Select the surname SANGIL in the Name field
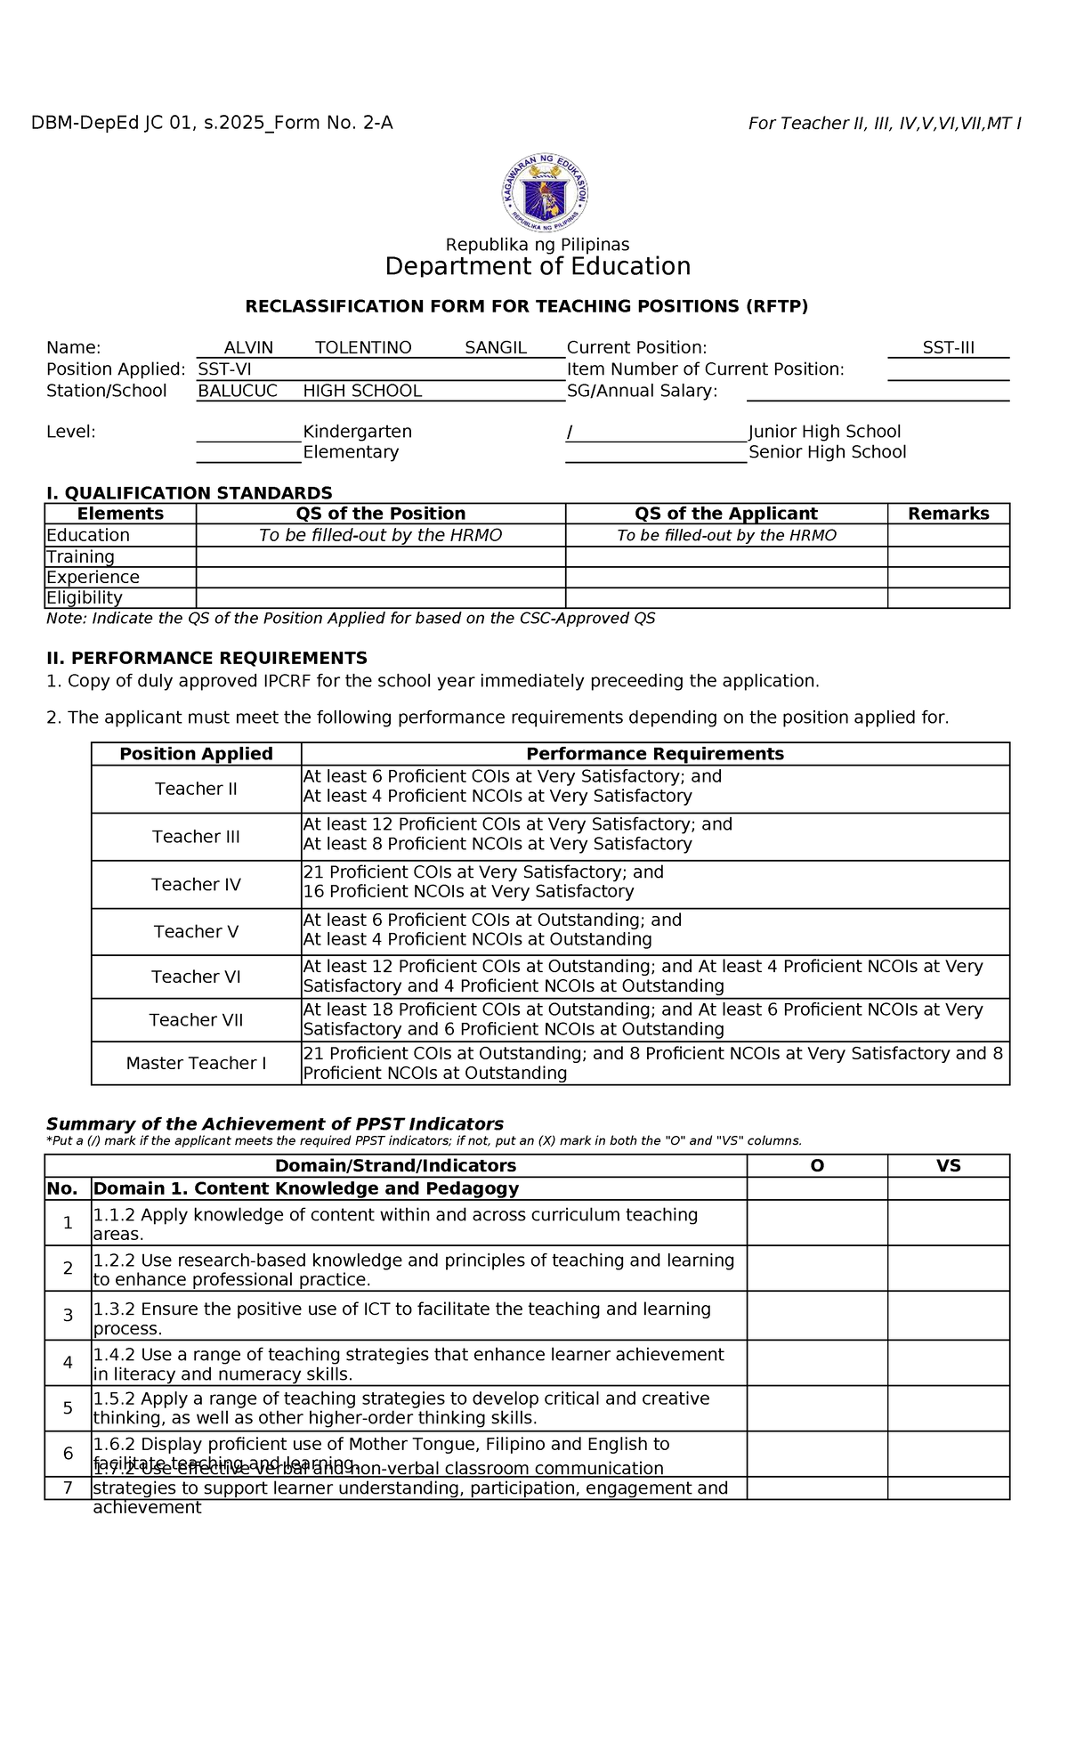pyautogui.click(x=496, y=348)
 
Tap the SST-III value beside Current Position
pyautogui.click(x=948, y=348)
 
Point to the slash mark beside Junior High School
pyautogui.click(x=570, y=433)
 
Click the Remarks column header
pyautogui.click(x=948, y=514)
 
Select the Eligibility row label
pyautogui.click(x=85, y=598)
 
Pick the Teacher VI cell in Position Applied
pyautogui.click(x=196, y=977)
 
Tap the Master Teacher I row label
pyautogui.click(x=196, y=1064)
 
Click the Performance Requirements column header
pyautogui.click(x=655, y=754)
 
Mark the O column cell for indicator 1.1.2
pyautogui.click(x=816, y=1223)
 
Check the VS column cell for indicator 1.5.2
pyautogui.click(x=948, y=1408)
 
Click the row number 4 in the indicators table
pyautogui.click(x=68, y=1363)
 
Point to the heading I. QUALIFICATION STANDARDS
pyautogui.click(x=189, y=493)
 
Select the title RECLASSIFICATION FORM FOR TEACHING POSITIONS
pyautogui.click(x=526, y=307)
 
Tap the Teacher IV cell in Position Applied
pyautogui.click(x=196, y=885)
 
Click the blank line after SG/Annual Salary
pyautogui.click(x=877, y=393)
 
